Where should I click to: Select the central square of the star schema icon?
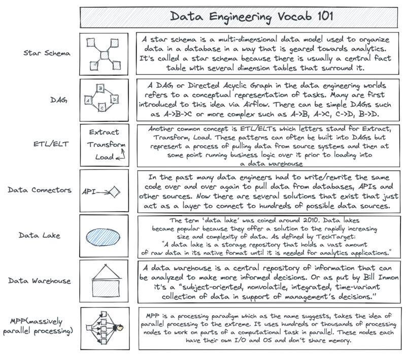click(x=104, y=53)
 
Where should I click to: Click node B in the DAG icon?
click(x=101, y=88)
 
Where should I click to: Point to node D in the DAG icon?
click(x=115, y=98)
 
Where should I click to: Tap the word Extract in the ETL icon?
click(x=104, y=132)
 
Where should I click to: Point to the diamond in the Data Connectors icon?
click(x=114, y=191)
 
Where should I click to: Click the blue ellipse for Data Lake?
click(x=104, y=237)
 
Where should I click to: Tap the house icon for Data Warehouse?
click(x=104, y=280)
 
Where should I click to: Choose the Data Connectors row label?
click(x=36, y=190)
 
